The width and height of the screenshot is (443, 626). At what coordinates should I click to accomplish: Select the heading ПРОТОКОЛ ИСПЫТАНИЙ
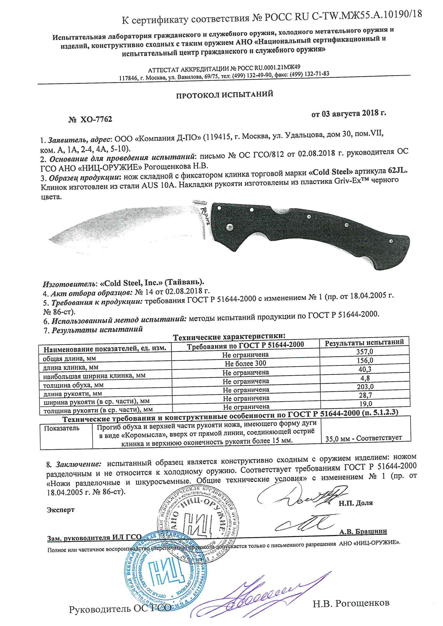click(224, 95)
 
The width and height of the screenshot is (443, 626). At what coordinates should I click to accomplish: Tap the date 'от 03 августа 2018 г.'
click(349, 114)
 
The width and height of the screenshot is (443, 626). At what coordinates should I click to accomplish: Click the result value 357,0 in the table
click(364, 352)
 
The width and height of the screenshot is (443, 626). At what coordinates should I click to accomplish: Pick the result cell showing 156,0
click(365, 360)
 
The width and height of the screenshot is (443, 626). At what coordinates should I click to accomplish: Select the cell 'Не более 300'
click(245, 363)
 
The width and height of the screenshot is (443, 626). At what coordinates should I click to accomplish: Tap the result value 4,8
click(365, 378)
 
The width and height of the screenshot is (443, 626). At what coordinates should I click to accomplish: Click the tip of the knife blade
click(50, 240)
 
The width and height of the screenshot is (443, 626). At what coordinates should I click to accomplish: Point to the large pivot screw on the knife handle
click(230, 227)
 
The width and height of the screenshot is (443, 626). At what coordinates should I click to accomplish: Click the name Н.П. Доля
click(355, 503)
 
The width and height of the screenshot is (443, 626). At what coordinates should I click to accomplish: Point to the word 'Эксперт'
click(61, 510)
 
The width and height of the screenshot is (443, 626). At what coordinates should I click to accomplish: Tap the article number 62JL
click(397, 171)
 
